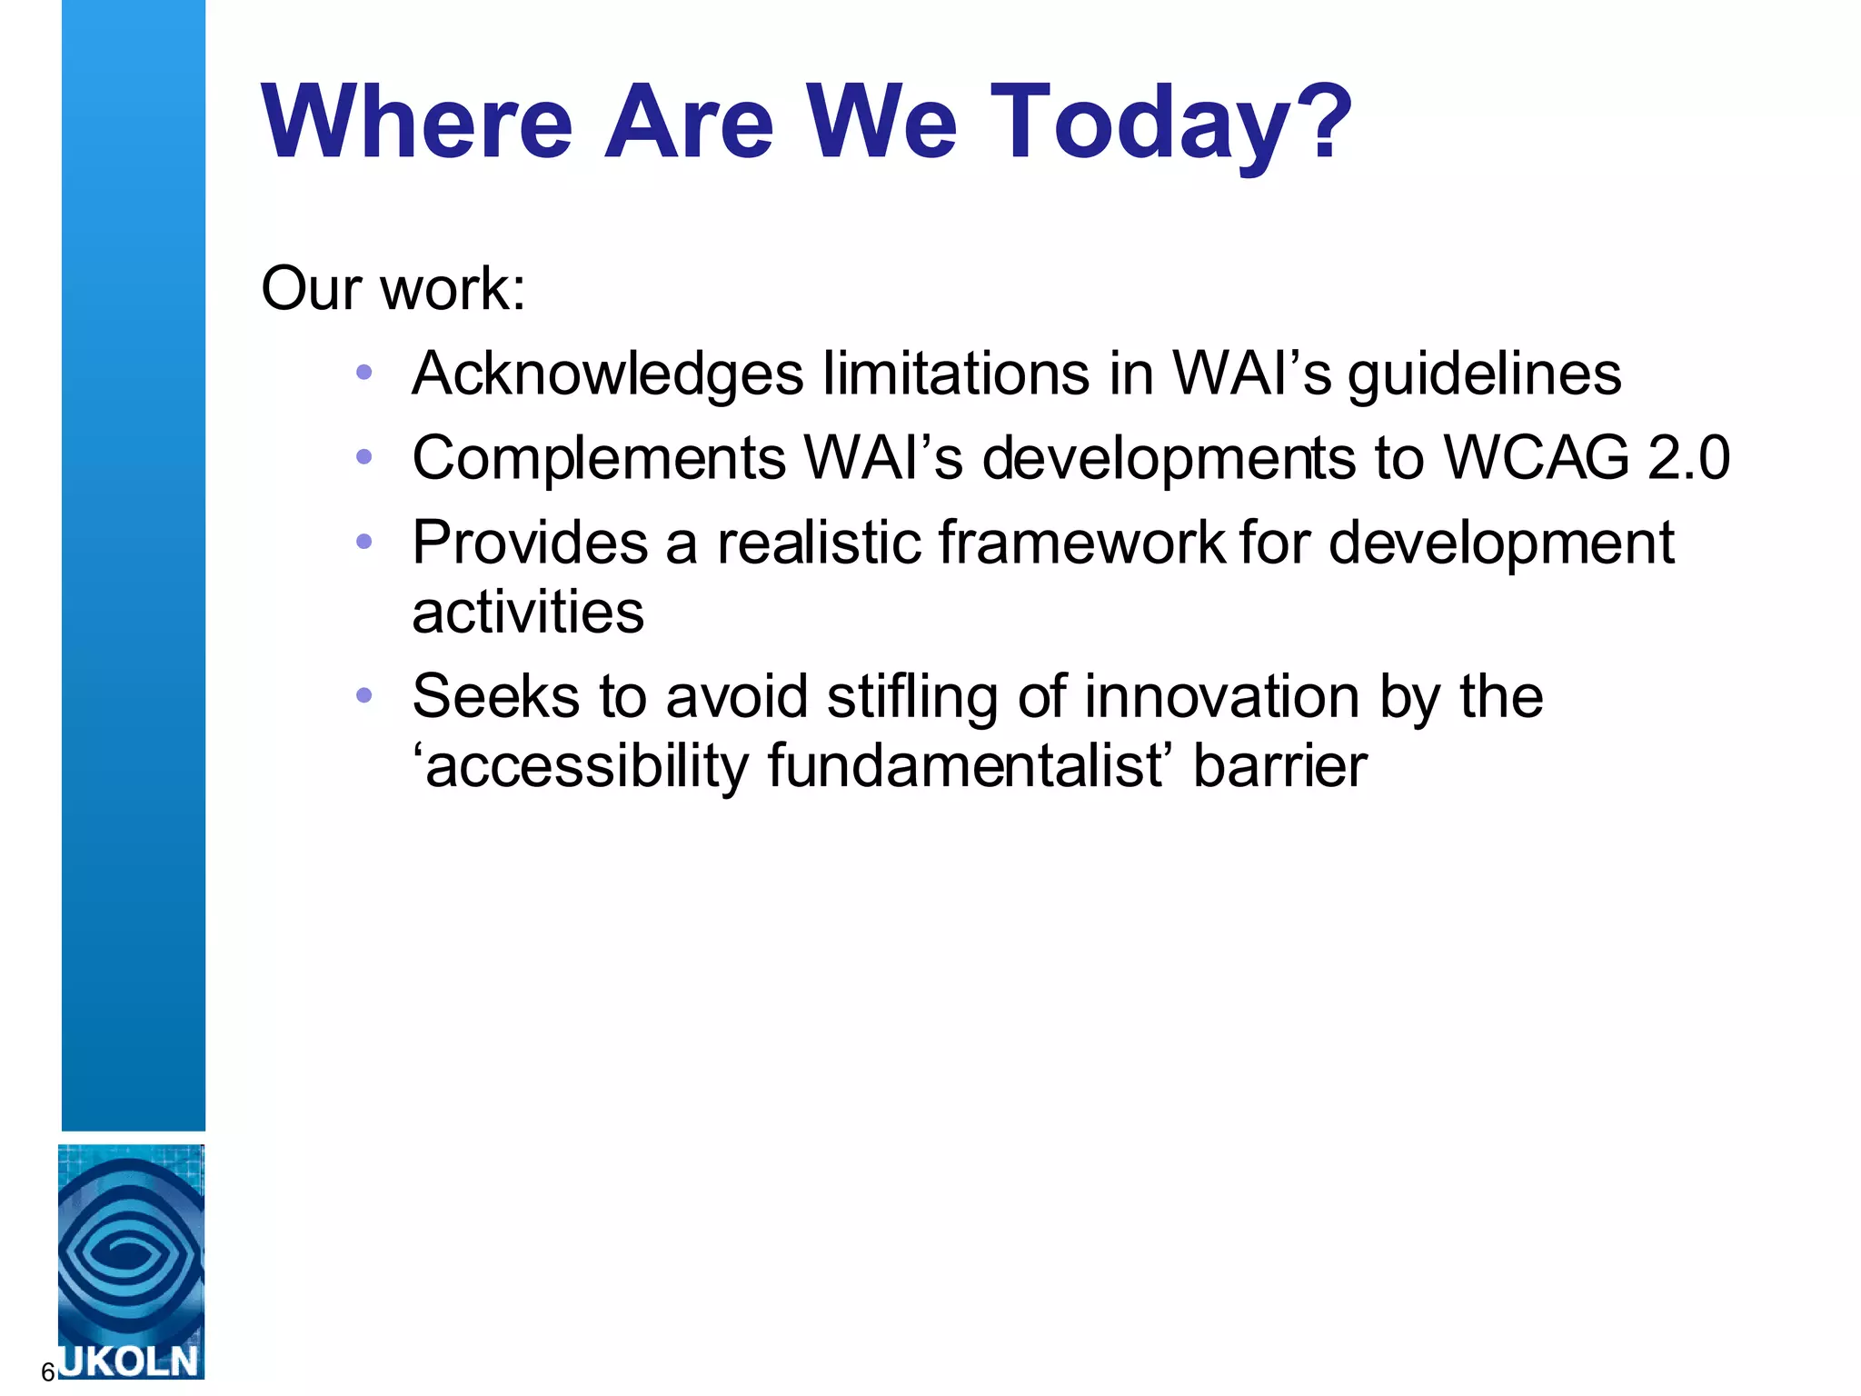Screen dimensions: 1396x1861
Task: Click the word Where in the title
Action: point(417,123)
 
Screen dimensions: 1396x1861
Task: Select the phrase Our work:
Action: point(393,289)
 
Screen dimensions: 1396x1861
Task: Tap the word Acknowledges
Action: point(608,374)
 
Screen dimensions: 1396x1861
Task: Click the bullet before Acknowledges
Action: point(364,372)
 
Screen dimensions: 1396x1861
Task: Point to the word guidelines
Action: point(1484,374)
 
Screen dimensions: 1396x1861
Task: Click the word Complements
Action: point(599,458)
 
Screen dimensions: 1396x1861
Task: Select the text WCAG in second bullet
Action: point(1536,458)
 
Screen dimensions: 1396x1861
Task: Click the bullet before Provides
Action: point(364,542)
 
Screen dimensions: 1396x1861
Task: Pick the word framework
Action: point(1081,543)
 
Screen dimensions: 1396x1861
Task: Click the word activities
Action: point(528,613)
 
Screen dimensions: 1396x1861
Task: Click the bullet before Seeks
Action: point(364,695)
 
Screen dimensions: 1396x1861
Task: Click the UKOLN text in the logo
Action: point(130,1361)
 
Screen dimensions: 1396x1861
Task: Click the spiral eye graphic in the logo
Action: point(130,1254)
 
